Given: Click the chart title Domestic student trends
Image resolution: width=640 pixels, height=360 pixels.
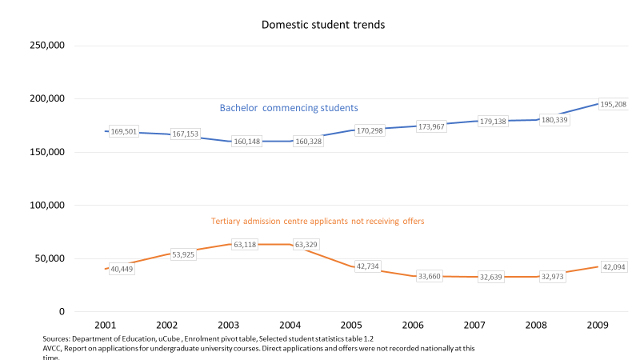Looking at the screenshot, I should [323, 25].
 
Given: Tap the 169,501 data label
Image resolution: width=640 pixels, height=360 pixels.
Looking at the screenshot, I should [122, 132].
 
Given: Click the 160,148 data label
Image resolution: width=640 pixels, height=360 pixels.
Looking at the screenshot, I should [247, 142].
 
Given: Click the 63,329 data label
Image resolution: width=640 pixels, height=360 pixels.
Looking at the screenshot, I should [307, 244].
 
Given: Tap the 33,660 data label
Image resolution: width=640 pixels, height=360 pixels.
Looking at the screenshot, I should [431, 276].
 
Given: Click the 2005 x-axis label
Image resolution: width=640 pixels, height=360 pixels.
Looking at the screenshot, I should [351, 326].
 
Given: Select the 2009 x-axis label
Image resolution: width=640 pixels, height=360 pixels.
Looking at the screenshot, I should [598, 326].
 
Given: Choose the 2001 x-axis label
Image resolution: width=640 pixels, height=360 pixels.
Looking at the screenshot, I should [105, 326].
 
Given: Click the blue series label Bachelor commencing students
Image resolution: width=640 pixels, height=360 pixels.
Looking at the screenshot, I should [289, 107].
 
